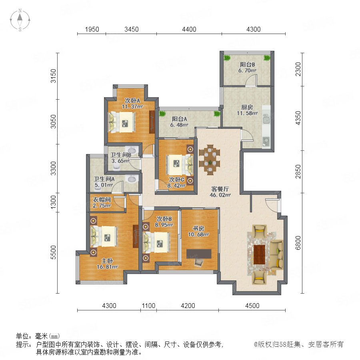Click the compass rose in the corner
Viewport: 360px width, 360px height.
tap(20, 20)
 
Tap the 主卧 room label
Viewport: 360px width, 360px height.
tap(107, 261)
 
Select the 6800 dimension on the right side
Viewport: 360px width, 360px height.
tap(298, 243)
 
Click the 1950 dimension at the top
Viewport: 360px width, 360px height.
tap(92, 29)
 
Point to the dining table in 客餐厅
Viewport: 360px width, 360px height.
tap(210, 160)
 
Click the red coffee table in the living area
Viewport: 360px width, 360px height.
tap(260, 254)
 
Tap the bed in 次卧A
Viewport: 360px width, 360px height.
tap(122, 122)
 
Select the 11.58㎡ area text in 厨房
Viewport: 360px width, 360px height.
tap(247, 113)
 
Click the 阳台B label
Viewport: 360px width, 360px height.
tap(247, 64)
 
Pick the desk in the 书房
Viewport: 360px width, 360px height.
tap(199, 254)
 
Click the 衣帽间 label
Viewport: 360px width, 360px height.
tap(102, 200)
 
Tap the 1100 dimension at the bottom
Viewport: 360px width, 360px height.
tap(148, 306)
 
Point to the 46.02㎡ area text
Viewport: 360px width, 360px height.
tap(220, 195)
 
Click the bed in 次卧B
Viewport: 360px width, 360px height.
tap(156, 242)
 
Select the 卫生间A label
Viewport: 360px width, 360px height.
tap(104, 179)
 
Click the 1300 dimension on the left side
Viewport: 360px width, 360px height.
tap(53, 202)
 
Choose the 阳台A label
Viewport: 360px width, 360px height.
tap(179, 119)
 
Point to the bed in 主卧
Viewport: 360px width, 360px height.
tap(104, 236)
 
